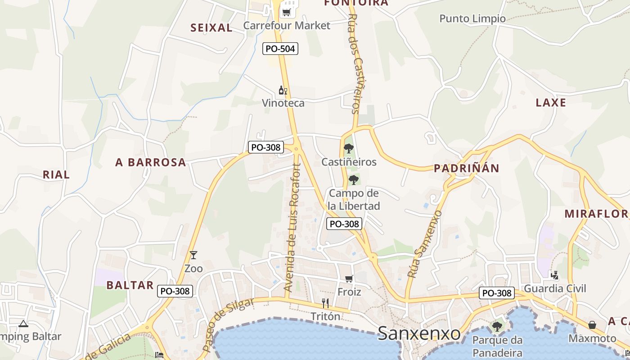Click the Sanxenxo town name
click(x=419, y=333)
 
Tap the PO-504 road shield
click(x=280, y=48)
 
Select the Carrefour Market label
click(x=287, y=25)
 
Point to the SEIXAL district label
click(x=211, y=28)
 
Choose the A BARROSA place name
click(x=151, y=162)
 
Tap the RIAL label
click(x=56, y=175)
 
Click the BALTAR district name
click(x=130, y=285)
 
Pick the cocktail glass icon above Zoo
click(x=193, y=255)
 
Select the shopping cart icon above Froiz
click(x=349, y=279)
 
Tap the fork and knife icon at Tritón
click(x=325, y=303)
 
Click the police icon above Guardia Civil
click(x=555, y=275)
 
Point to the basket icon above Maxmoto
click(x=592, y=325)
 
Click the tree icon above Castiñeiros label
click(x=349, y=148)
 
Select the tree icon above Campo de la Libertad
click(x=354, y=180)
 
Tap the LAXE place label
click(x=551, y=103)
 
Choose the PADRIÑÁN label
click(x=466, y=168)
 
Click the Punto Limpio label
click(x=472, y=18)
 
